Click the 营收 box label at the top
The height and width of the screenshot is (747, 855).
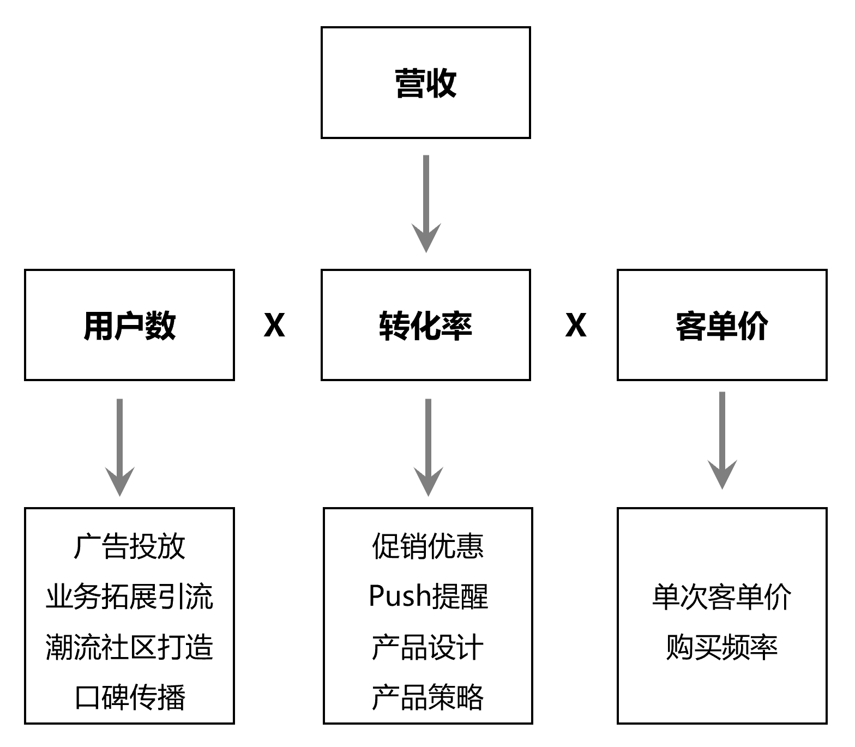tap(425, 83)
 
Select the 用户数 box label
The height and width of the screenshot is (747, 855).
tap(130, 326)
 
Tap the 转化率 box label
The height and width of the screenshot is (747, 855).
tap(425, 326)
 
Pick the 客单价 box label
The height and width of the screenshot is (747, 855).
tap(721, 326)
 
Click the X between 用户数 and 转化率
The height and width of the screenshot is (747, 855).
tap(274, 326)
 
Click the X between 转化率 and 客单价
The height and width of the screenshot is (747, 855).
tap(576, 326)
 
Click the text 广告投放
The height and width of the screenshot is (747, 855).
tap(130, 546)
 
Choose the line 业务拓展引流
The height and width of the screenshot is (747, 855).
tap(130, 597)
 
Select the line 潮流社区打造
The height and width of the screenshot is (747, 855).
tap(130, 647)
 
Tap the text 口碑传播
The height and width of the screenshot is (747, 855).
tap(130, 697)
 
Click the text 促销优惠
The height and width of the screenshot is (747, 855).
tap(428, 546)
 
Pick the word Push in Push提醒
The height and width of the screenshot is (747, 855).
tap(400, 596)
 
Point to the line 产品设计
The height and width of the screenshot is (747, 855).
tap(428, 647)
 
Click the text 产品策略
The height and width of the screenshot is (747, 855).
tap(428, 697)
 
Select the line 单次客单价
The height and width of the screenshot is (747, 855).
tap(721, 597)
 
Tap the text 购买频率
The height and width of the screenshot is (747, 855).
tap(721, 647)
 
